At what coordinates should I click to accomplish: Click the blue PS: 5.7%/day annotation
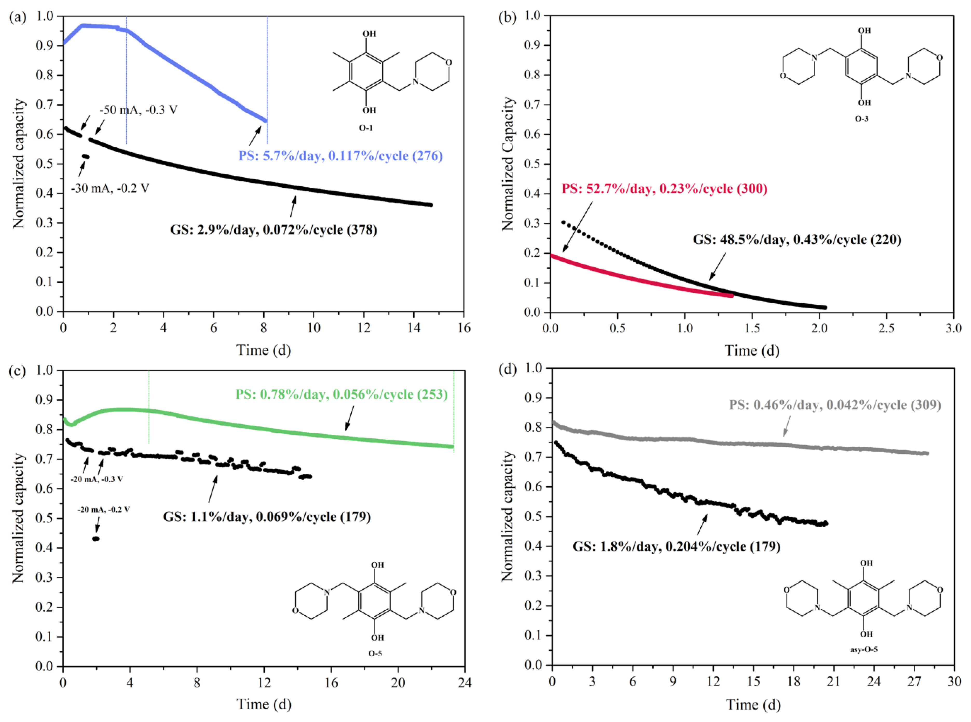pyautogui.click(x=340, y=156)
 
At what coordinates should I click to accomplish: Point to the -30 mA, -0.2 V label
pyautogui.click(x=110, y=188)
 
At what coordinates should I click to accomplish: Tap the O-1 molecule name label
pyautogui.click(x=366, y=128)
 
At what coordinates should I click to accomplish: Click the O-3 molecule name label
pyautogui.click(x=861, y=118)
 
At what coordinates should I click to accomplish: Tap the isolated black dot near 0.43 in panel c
pyautogui.click(x=96, y=539)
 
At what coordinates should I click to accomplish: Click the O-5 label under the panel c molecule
pyautogui.click(x=375, y=654)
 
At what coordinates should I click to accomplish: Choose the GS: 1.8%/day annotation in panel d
pyautogui.click(x=676, y=546)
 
